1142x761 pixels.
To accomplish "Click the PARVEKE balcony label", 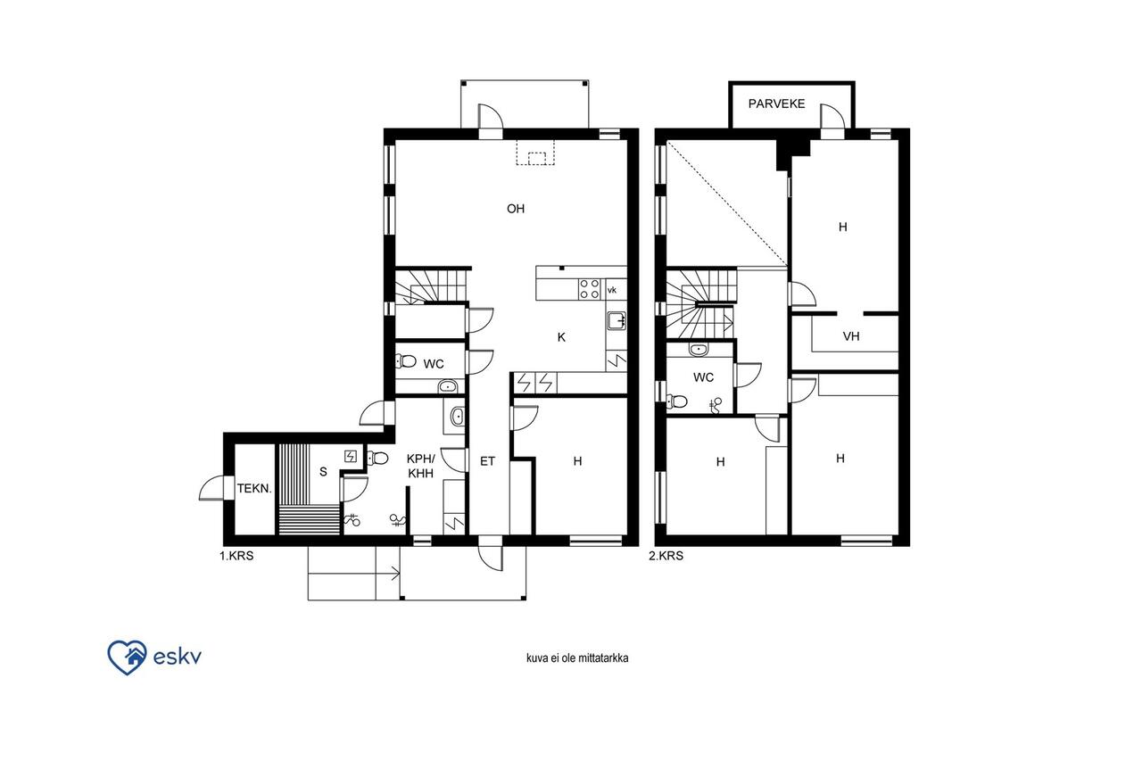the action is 776,104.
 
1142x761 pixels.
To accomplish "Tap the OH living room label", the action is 516,209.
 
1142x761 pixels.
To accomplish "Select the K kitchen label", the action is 561,337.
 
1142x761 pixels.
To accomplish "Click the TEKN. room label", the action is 254,489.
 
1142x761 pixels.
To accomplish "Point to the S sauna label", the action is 323,472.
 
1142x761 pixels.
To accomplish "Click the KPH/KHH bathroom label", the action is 421,466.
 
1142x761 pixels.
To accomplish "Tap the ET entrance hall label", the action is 487,461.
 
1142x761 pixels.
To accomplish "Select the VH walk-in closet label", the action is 851,336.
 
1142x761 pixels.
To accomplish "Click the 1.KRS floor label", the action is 236,556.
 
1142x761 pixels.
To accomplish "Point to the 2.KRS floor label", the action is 666,556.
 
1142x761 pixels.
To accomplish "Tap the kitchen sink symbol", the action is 617,320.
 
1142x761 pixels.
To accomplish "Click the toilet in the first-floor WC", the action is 405,361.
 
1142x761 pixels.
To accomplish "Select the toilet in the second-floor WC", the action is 676,401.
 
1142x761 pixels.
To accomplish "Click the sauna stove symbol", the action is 351,456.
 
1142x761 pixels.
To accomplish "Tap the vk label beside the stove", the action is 612,290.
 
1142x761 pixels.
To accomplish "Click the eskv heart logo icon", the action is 127,658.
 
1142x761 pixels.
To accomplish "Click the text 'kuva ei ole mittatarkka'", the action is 577,658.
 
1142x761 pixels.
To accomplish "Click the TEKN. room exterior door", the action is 212,488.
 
